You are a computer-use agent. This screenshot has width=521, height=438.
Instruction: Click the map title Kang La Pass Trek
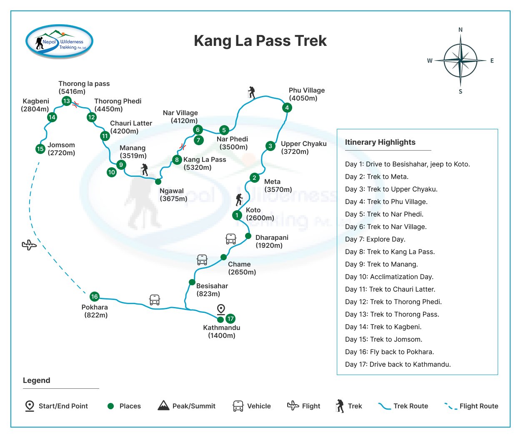(260, 41)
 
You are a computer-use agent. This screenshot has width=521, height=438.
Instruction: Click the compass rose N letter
(461, 30)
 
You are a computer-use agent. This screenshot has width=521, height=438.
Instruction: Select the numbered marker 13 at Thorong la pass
(66, 101)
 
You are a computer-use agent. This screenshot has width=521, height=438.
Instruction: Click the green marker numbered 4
(287, 108)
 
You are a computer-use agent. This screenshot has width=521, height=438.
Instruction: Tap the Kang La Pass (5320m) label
(204, 164)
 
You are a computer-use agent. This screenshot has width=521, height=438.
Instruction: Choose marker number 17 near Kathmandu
(230, 319)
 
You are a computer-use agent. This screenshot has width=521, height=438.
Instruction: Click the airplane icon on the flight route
(29, 245)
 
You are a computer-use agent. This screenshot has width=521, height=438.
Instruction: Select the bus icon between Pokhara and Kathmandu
(155, 300)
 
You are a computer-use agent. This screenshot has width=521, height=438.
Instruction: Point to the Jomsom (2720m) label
(61, 149)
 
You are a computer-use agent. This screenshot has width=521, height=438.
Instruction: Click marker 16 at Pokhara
(95, 297)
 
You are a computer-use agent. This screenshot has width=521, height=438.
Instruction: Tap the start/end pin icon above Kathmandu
(221, 309)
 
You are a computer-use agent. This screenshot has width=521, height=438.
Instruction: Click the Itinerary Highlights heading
(380, 142)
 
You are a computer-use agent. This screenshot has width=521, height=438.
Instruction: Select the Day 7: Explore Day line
(375, 239)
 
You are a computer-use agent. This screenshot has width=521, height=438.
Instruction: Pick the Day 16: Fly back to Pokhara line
(389, 352)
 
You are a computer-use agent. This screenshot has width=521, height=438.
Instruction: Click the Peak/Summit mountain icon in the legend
(163, 405)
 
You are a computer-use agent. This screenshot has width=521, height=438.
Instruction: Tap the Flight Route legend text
(478, 406)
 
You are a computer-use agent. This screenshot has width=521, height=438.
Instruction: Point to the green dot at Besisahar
(192, 282)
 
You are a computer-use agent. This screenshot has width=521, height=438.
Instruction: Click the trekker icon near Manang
(144, 169)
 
